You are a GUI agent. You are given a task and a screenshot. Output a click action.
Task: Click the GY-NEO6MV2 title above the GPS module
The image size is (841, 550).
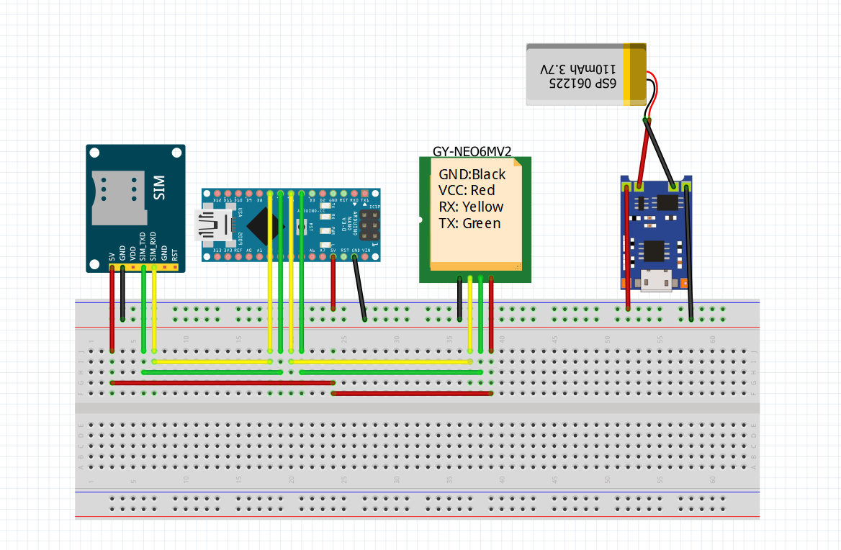click(x=472, y=151)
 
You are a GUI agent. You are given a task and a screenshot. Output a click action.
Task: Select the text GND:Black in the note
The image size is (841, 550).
click(x=472, y=174)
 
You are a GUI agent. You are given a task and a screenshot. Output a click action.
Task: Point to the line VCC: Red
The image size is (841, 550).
click(x=466, y=191)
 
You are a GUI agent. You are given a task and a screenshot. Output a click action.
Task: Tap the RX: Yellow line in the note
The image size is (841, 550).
click(x=471, y=207)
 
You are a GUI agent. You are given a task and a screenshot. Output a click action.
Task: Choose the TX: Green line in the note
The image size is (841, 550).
click(x=469, y=224)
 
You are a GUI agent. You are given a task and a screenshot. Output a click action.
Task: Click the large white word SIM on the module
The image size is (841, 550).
click(x=160, y=188)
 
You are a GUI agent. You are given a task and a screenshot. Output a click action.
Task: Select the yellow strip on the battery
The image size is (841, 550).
click(x=634, y=74)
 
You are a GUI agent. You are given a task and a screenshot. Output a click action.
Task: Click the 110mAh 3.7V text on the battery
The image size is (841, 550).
click(x=578, y=69)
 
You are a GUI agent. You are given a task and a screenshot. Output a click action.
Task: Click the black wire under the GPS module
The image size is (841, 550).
click(x=459, y=299)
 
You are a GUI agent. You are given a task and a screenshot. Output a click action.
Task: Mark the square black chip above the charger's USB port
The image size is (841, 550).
click(x=655, y=251)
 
